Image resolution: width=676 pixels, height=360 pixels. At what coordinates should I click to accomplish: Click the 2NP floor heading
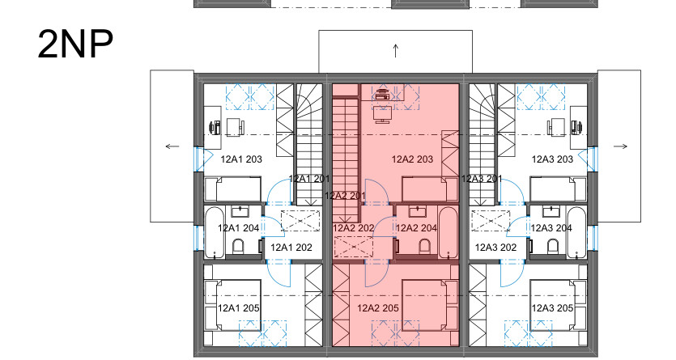point(75,44)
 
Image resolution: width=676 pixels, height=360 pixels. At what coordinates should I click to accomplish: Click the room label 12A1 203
point(241,159)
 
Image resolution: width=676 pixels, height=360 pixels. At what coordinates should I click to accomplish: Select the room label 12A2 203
point(413,159)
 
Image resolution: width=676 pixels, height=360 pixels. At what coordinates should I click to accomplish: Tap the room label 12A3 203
point(552,159)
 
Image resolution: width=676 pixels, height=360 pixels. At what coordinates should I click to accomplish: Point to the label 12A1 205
point(238,308)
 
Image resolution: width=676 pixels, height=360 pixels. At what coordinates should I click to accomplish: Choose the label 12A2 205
point(378,308)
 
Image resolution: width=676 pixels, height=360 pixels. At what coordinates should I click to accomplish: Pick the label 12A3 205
point(552,308)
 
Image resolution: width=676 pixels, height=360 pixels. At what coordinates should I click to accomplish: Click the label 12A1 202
point(291,248)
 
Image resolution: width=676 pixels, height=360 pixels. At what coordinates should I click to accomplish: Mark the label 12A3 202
point(495,248)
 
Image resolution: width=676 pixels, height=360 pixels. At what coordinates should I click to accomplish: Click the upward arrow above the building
point(396,51)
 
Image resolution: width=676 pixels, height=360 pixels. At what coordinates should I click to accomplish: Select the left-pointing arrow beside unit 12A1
point(172,146)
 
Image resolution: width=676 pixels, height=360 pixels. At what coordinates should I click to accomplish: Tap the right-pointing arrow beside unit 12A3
point(620,146)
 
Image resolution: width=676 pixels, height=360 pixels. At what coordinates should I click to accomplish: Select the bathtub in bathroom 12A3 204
point(576,233)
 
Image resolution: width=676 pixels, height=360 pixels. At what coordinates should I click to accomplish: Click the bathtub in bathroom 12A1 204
point(215,233)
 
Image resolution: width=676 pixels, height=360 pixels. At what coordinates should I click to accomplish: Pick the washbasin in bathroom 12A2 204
point(417,211)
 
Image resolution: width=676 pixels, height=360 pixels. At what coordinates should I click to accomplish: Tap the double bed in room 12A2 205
point(430,305)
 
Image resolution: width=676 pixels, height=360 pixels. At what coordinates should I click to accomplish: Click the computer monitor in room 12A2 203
point(383,115)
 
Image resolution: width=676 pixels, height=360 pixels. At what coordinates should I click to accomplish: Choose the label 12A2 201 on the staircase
point(346,196)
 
